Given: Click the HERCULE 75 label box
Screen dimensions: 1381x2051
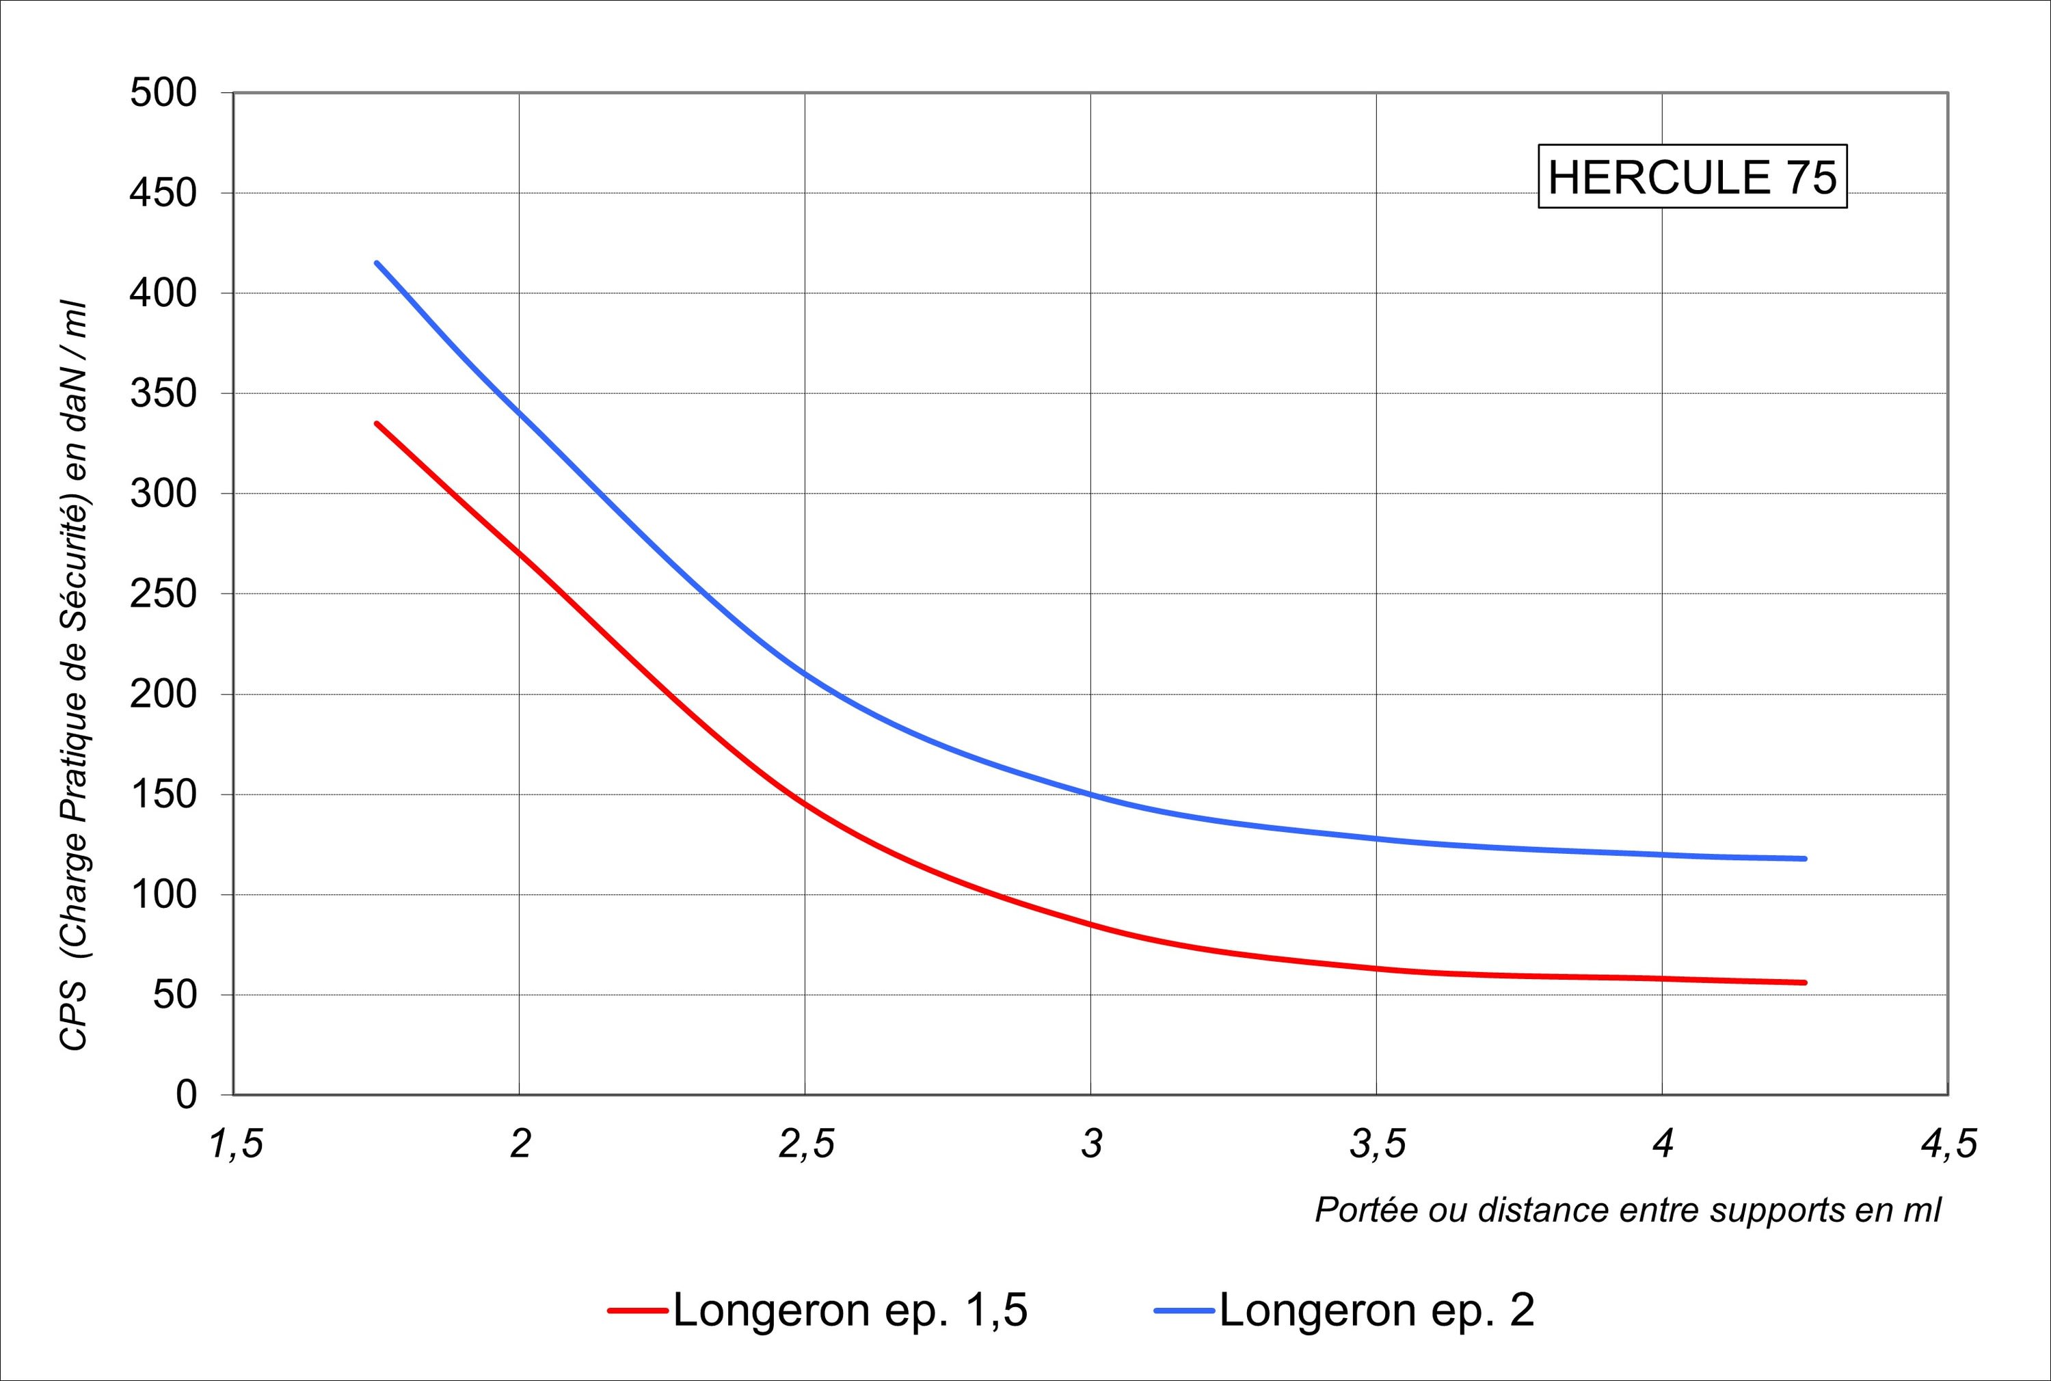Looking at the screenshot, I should (1691, 177).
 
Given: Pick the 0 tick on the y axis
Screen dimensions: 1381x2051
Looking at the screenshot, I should (186, 1095).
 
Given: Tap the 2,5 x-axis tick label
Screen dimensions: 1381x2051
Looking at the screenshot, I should (806, 1145).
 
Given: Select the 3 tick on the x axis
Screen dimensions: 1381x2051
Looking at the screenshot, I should (1091, 1145).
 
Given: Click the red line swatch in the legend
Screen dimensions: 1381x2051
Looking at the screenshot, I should (638, 1311).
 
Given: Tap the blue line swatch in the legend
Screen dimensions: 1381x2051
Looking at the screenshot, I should (1185, 1311).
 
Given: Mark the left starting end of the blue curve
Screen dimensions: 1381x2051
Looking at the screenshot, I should (377, 263).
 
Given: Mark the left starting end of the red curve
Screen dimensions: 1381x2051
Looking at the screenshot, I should (377, 424).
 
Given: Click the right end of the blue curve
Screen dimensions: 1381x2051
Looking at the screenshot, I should (1804, 859).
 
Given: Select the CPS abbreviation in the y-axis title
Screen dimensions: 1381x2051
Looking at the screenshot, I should (74, 1018).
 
